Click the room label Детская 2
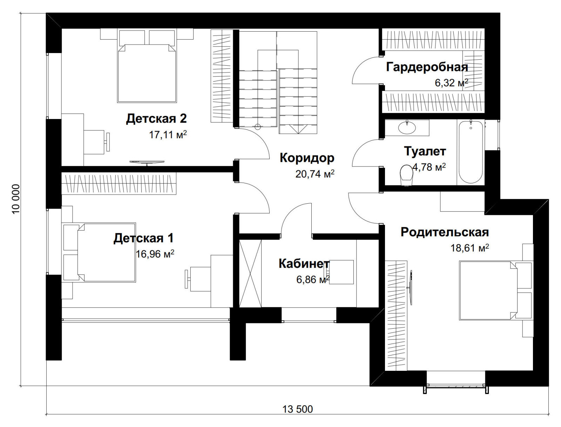pyautogui.click(x=156, y=119)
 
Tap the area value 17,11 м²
pyautogui.click(x=168, y=134)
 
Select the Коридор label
pyautogui.click(x=307, y=158)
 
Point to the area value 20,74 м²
pyautogui.click(x=315, y=174)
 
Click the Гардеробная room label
pyautogui.click(x=427, y=67)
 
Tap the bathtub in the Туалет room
pyautogui.click(x=471, y=152)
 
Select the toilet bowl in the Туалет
pyautogui.click(x=407, y=176)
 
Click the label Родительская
pyautogui.click(x=445, y=232)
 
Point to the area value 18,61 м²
pyautogui.click(x=470, y=248)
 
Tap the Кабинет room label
pyautogui.click(x=304, y=264)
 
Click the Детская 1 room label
pyautogui.click(x=144, y=238)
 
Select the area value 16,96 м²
pyautogui.click(x=155, y=254)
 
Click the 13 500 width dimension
pyautogui.click(x=297, y=409)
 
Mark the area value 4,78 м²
pyautogui.click(x=430, y=167)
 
